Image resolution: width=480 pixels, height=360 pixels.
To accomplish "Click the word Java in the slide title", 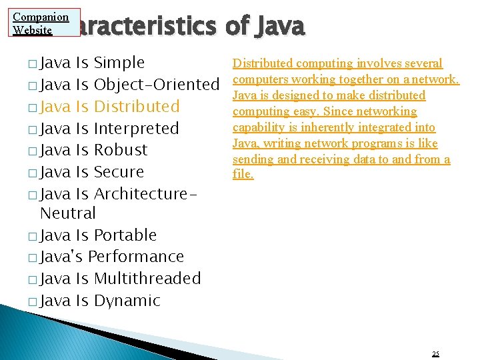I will pos(279,26).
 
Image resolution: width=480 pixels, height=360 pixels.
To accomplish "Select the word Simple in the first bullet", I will pos(119,63).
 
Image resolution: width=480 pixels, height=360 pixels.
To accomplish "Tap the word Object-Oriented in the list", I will pos(157,85).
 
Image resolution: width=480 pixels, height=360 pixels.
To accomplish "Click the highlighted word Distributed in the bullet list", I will pos(137,107).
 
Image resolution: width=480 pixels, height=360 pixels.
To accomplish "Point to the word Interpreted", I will pos(137,129).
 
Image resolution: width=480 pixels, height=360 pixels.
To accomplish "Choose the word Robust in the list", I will pos(121,150).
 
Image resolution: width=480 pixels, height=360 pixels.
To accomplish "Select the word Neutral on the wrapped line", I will pos(68,213).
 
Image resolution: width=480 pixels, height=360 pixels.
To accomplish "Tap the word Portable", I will pos(125,235).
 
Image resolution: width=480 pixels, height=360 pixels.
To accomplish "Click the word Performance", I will pos(135,257).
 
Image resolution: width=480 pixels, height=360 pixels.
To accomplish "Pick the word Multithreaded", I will pos(147,279).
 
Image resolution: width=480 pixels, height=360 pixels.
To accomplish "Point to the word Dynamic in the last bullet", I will pos(127,301).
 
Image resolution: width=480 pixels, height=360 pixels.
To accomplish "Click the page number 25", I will pos(435,353).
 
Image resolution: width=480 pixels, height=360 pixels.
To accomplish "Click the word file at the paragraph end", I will pos(242,175).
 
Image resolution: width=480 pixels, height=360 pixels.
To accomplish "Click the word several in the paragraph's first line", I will pos(420,63).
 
